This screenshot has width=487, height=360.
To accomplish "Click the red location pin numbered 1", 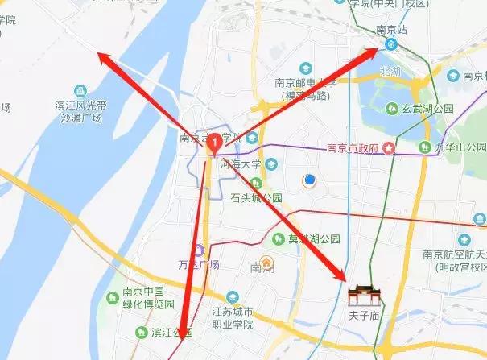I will click(214, 143).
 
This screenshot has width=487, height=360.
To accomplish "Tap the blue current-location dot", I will click(307, 180).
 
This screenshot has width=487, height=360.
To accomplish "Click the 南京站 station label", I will click(393, 31).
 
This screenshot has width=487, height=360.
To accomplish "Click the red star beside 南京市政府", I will click(390, 147).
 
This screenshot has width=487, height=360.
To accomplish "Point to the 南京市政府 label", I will click(353, 148).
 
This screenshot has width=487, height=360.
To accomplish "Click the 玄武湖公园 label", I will click(428, 109).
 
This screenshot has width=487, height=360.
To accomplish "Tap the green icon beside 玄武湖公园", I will click(390, 107).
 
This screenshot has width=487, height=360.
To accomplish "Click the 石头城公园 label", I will click(256, 197).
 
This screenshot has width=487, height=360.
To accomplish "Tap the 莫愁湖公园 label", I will click(315, 239).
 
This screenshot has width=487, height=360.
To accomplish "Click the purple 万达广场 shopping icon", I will click(198, 250).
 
